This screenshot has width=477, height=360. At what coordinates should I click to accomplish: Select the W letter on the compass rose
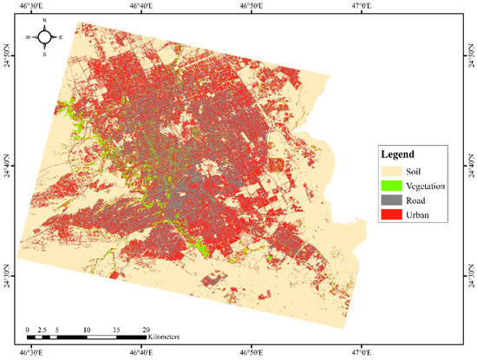[x=28, y=37]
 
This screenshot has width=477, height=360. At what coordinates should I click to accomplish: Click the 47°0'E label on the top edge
[x=362, y=7]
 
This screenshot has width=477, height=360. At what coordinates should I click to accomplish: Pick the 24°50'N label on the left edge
[x=7, y=57]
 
